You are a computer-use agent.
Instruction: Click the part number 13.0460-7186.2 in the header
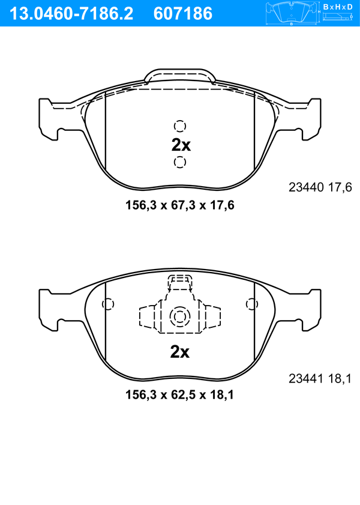pos(71,14)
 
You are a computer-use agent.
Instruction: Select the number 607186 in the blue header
pos(183,14)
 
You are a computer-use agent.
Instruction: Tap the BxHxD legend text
pos(338,7)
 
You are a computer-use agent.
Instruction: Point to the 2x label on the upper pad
pos(181,145)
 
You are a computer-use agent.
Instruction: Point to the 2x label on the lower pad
pos(180,352)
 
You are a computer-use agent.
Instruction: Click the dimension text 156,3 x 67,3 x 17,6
pos(180,205)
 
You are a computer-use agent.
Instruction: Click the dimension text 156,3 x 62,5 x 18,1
pos(179,395)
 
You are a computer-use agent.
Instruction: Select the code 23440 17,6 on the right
pos(320,187)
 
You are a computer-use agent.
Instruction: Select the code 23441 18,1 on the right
pos(320,378)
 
